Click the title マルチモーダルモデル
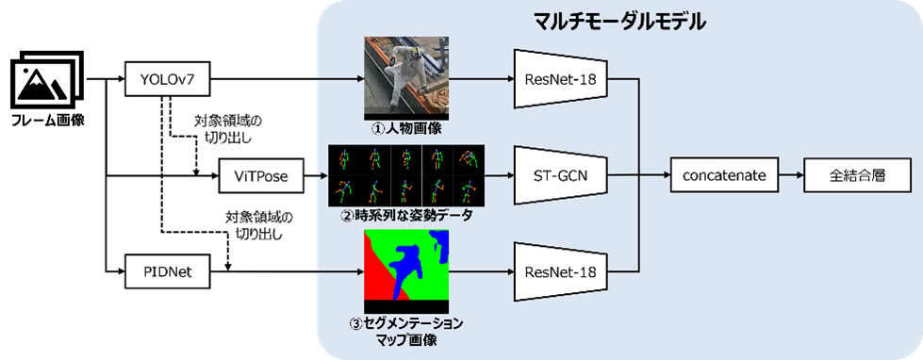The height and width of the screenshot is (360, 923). pos(620,21)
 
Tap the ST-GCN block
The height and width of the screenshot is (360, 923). pos(561,174)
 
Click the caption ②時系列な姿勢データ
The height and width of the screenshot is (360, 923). pos(405,216)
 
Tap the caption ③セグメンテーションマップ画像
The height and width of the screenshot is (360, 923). pos(405,330)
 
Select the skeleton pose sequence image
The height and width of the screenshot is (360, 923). pos(405,175)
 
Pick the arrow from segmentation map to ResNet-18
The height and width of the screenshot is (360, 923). pos(482,270)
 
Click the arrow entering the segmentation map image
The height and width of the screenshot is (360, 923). pos(339,270)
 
